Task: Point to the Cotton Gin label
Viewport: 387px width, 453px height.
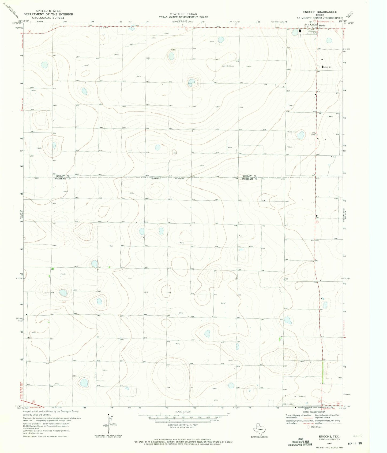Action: point(327,67)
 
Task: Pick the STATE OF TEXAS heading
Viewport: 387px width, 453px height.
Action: point(183,14)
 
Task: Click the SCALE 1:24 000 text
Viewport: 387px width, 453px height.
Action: point(183,411)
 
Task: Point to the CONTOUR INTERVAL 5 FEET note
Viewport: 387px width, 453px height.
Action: point(183,425)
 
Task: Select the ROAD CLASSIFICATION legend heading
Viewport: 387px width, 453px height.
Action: point(314,412)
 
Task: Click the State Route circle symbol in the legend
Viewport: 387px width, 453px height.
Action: point(308,427)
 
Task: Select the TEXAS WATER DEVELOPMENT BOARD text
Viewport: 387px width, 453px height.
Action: point(183,17)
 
